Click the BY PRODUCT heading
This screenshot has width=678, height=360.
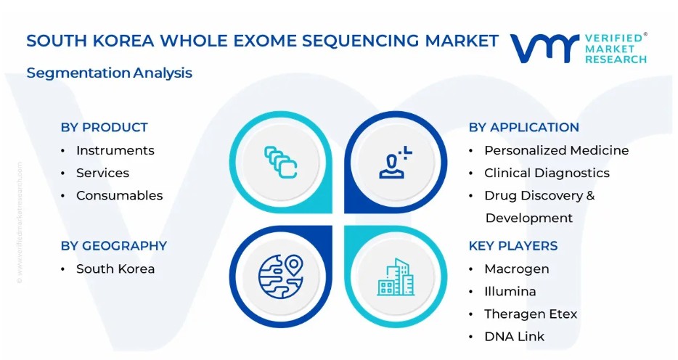[x=105, y=127]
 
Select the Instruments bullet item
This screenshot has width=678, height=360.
[x=115, y=150]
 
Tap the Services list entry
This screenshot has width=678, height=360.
[x=102, y=173]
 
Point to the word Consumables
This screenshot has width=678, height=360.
[x=119, y=195]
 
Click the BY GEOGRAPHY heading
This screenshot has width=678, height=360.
[x=114, y=245]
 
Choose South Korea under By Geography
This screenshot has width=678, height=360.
[x=115, y=269]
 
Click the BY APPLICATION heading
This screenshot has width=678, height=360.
[x=523, y=127]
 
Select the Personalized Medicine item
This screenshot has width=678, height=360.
[x=557, y=150]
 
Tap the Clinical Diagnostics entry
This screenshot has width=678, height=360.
[x=547, y=173]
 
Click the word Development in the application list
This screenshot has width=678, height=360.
[x=528, y=218]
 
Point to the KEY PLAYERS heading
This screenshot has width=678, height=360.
[x=512, y=245]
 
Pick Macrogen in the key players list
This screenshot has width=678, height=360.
[x=517, y=269]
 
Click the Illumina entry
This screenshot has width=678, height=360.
[x=510, y=291]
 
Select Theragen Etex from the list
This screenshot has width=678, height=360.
[x=531, y=314]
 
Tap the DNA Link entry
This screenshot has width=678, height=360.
[x=514, y=336]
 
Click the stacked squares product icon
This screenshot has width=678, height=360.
[x=280, y=162]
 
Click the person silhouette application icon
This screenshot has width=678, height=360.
[x=395, y=162]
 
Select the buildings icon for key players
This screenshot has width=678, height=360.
[x=396, y=277]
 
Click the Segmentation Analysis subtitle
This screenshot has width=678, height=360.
[x=110, y=73]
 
